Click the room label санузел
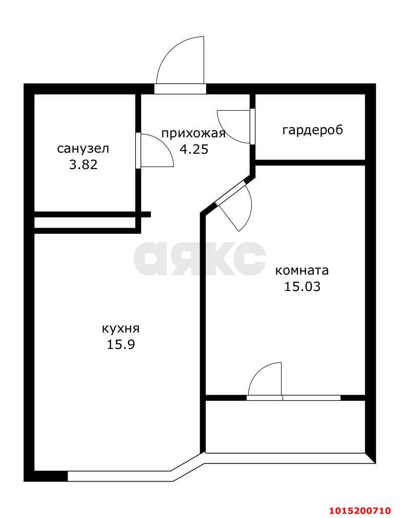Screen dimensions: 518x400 (83, 149)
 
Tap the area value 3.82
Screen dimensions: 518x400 (83, 164)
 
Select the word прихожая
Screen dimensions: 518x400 (193, 134)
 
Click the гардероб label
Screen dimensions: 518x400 (312, 130)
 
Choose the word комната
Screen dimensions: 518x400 (302, 270)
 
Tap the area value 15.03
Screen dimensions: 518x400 (302, 286)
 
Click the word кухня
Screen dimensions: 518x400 (121, 328)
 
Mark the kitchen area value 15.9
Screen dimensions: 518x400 (121, 344)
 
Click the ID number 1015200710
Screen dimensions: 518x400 (359, 510)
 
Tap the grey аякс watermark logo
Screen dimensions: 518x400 (200, 258)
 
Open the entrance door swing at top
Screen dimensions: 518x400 (182, 61)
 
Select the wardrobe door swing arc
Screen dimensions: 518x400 (233, 126)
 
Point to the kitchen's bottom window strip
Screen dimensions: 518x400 (121, 476)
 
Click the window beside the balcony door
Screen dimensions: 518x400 (311, 398)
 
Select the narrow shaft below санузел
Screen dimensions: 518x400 (85, 223)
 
